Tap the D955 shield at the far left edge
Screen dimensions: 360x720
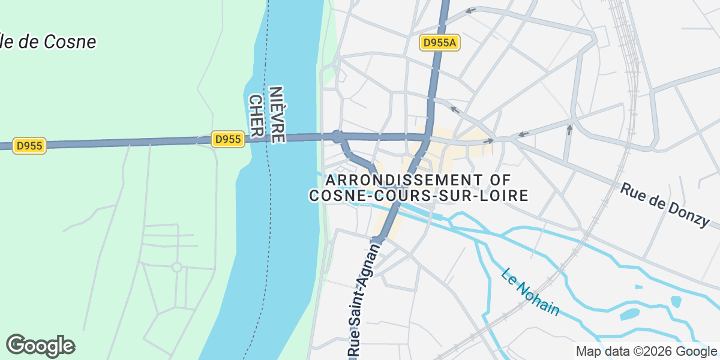click(29, 146)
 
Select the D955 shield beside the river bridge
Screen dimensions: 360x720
click(227, 139)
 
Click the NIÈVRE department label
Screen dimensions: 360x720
click(277, 114)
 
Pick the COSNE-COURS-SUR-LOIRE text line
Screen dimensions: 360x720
click(418, 196)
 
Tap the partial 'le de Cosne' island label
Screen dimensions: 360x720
click(48, 42)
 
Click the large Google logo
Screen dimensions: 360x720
click(40, 346)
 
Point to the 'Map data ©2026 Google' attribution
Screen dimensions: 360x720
click(646, 351)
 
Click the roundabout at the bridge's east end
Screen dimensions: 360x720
click(337, 137)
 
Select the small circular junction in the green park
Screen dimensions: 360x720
click(176, 267)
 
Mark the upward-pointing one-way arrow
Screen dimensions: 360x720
click(569, 128)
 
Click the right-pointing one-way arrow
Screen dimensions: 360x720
click(490, 141)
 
